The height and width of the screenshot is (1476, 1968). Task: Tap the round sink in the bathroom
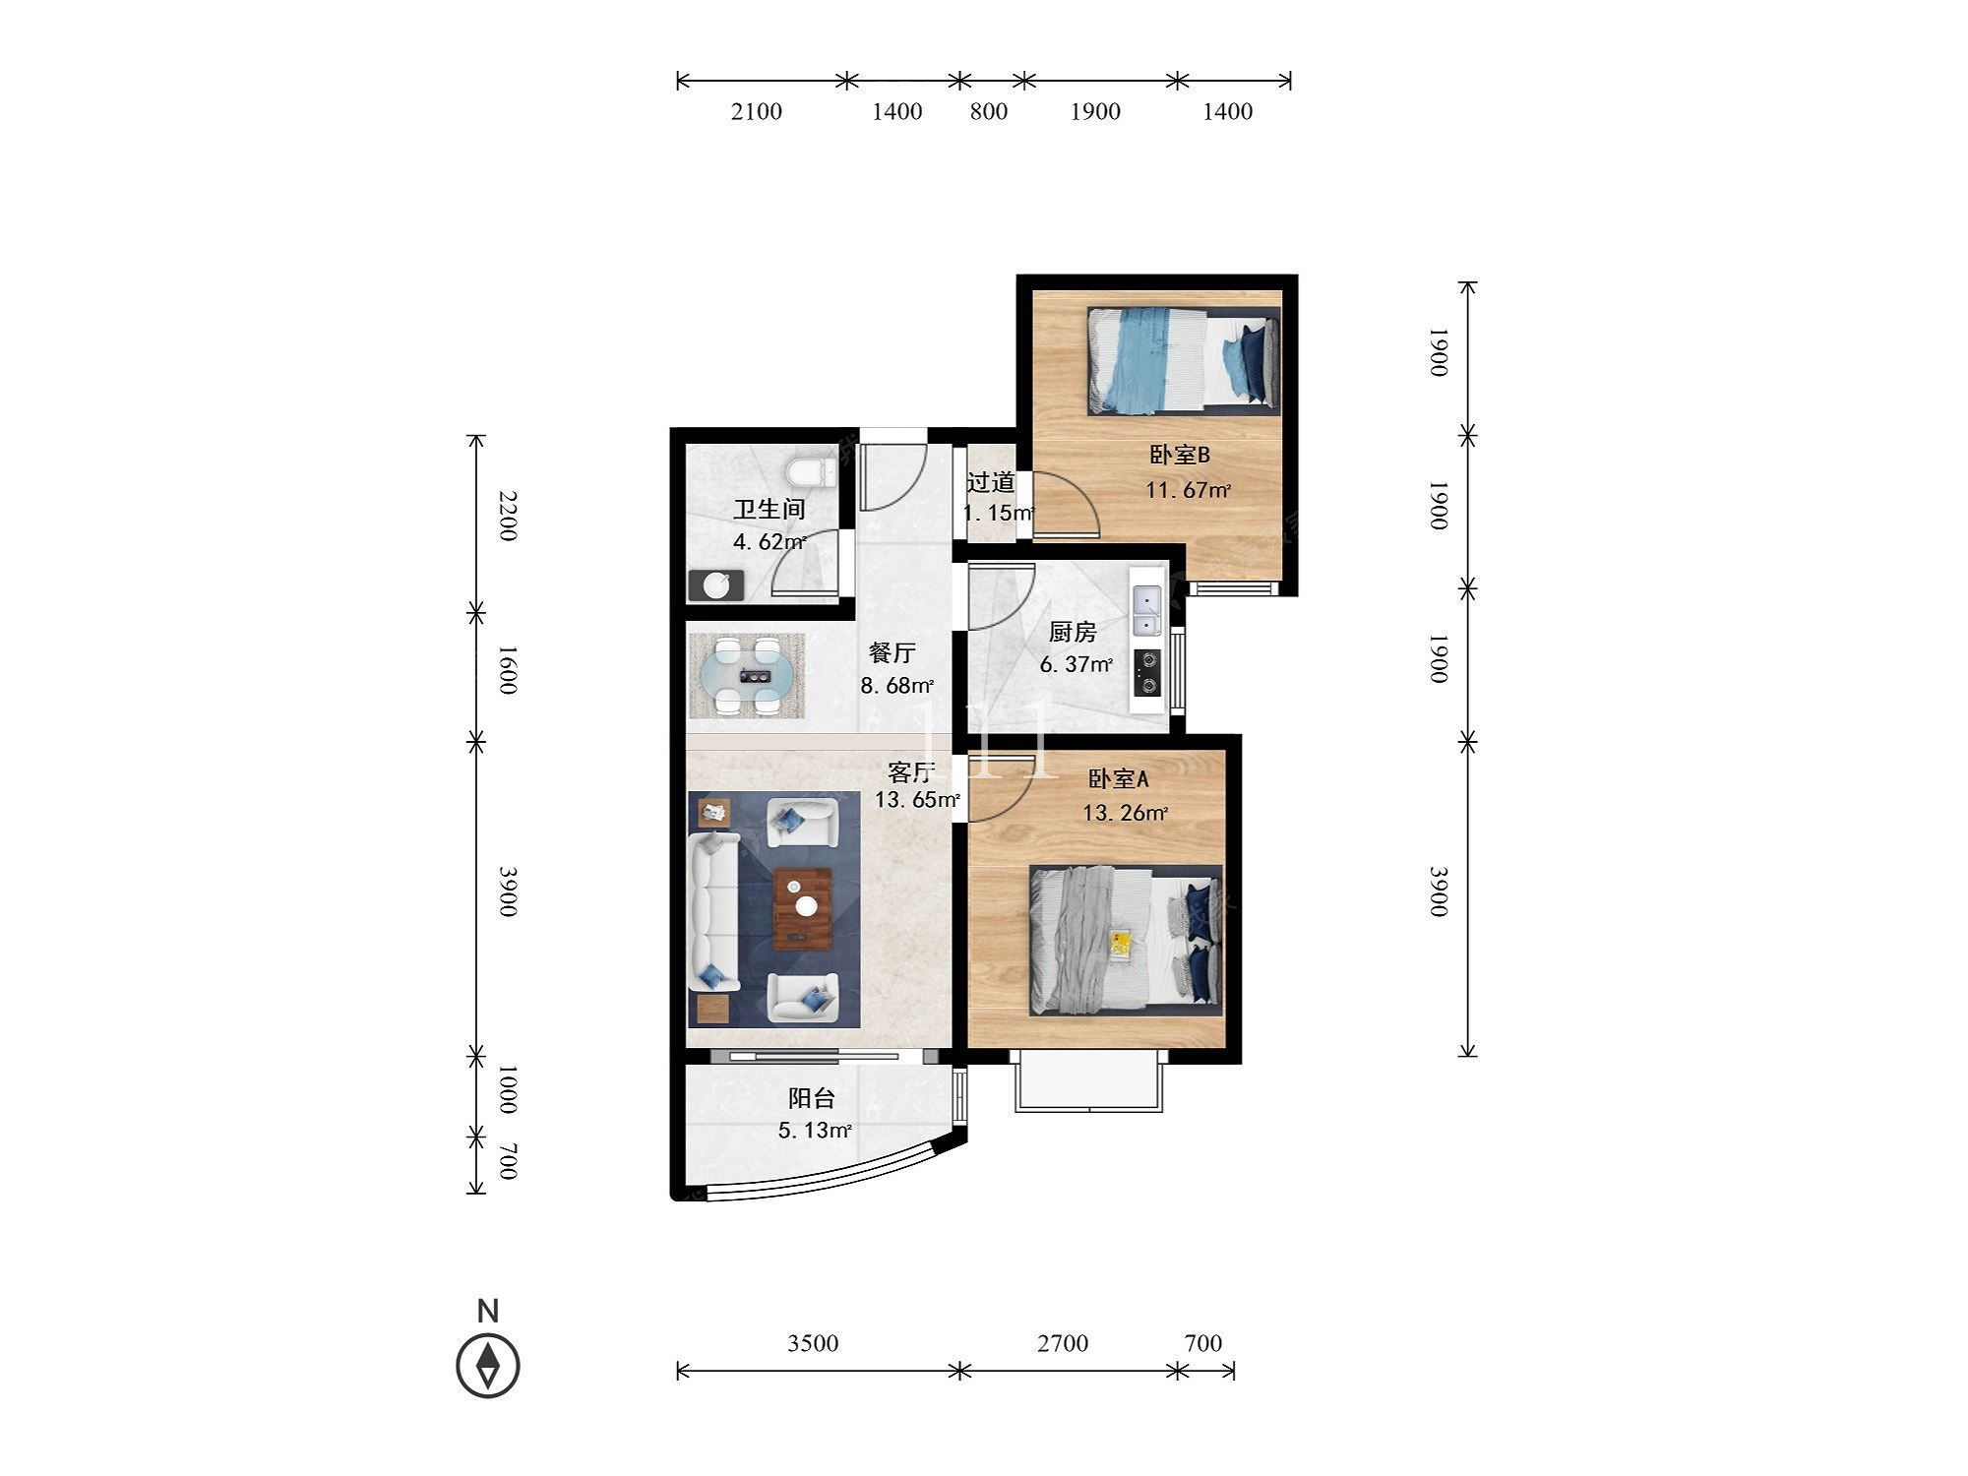[716, 584]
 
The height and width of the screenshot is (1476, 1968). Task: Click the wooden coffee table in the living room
[802, 908]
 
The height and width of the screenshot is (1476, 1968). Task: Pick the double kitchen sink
[1146, 611]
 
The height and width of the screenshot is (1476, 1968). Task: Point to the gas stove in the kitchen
[1147, 672]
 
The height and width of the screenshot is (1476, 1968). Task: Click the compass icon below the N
[488, 1366]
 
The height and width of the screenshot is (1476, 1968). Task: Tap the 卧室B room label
[1179, 455]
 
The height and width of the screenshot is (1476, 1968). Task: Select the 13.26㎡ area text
[1125, 813]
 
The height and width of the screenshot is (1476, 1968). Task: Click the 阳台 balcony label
[812, 1098]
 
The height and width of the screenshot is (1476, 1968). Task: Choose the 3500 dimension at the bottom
[813, 1343]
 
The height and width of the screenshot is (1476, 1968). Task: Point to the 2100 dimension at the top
[756, 111]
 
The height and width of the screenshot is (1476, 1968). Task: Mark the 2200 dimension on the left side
[507, 515]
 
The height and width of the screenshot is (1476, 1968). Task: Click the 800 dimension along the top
[989, 111]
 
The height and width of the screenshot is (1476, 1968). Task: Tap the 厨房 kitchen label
[1073, 631]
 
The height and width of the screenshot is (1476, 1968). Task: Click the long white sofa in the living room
[715, 911]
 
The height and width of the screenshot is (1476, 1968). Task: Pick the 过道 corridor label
[990, 482]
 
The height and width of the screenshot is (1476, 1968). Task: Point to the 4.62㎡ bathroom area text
[769, 541]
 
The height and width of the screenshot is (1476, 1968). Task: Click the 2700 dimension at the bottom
[1062, 1343]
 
